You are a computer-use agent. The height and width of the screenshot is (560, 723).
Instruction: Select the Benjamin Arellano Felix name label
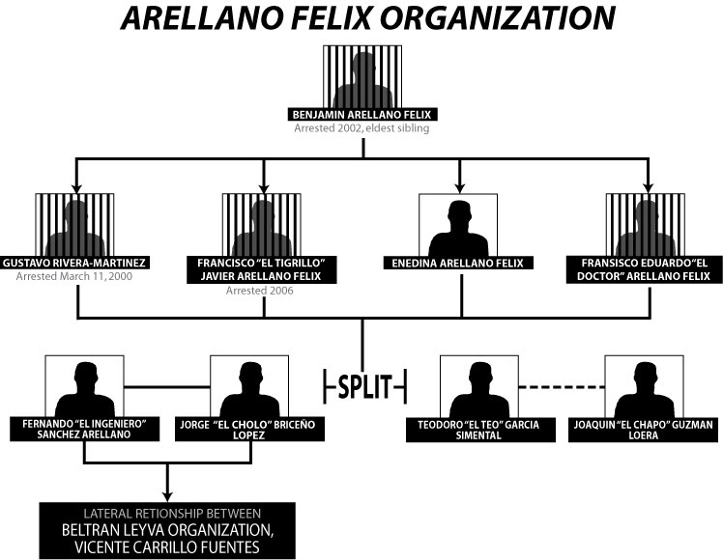pyautogui.click(x=362, y=115)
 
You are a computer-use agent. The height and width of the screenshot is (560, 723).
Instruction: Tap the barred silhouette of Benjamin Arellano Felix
pyautogui.click(x=362, y=77)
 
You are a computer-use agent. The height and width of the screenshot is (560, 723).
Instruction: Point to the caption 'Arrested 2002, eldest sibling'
pyautogui.click(x=362, y=127)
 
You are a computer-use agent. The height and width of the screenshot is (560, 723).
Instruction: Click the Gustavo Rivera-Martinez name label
pyautogui.click(x=75, y=263)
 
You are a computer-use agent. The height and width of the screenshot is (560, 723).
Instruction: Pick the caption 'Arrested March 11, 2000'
pyautogui.click(x=75, y=276)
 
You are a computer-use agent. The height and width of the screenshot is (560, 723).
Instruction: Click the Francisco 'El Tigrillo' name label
pyautogui.click(x=263, y=268)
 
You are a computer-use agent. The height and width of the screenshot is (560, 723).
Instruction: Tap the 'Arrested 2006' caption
pyautogui.click(x=263, y=290)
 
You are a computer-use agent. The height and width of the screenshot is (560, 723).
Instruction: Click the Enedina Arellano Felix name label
pyautogui.click(x=458, y=263)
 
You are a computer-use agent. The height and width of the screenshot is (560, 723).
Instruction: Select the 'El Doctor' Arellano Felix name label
pyautogui.click(x=645, y=268)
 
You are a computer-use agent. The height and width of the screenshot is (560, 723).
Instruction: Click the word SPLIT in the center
pyautogui.click(x=363, y=386)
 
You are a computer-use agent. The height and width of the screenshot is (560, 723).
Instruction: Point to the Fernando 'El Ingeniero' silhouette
pyautogui.click(x=84, y=386)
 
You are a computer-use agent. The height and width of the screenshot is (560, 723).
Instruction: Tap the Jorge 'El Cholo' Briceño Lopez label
pyautogui.click(x=248, y=430)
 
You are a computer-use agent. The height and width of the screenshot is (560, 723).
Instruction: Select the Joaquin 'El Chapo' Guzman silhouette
pyautogui.click(x=644, y=386)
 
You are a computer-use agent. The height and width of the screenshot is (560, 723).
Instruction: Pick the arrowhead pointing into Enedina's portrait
pyautogui.click(x=458, y=184)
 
